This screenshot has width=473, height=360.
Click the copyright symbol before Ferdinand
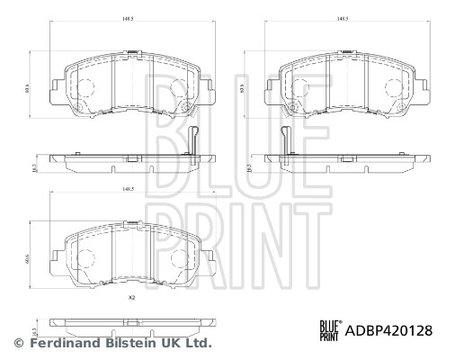click(18, 343)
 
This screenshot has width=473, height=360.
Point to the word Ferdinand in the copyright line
click(66, 343)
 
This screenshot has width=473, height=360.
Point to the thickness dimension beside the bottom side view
click(34, 321)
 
